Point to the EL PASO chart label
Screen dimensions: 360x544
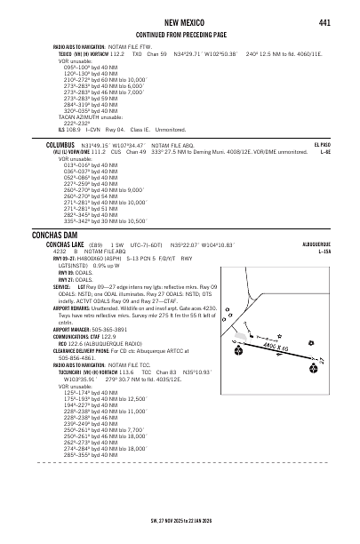click(x=322, y=144)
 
